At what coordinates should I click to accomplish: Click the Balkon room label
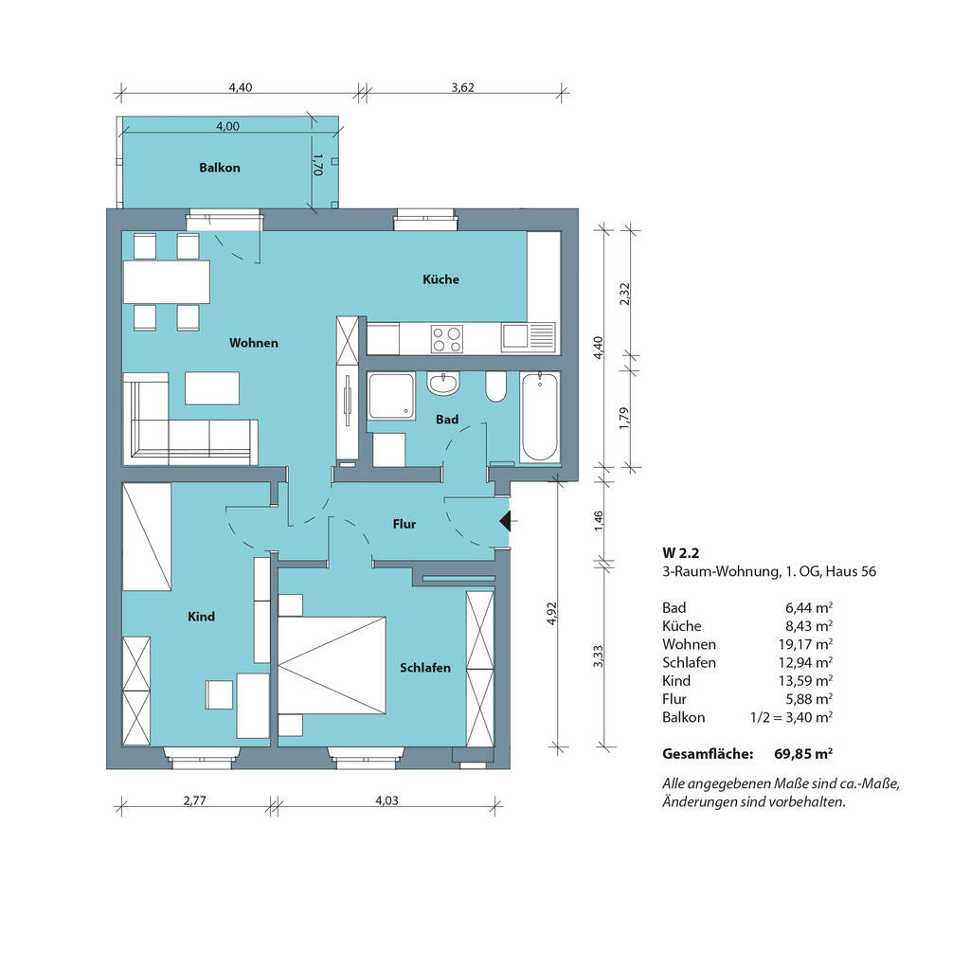coord(220,168)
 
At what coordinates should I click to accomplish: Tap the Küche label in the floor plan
coord(441,279)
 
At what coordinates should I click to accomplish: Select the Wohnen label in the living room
coord(254,343)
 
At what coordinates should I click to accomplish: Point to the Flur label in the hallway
coord(404,524)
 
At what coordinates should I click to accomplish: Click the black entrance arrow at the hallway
coord(506,522)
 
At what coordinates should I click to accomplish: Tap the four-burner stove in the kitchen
coord(447,339)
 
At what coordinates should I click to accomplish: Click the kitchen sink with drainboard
coord(529,337)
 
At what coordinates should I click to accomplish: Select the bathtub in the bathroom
coord(539,417)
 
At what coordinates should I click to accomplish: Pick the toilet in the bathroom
coord(496,386)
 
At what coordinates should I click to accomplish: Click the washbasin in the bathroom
coord(443,383)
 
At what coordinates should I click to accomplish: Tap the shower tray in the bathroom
coord(391,396)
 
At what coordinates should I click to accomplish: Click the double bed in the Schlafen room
coord(332,665)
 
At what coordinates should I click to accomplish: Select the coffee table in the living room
coord(212,387)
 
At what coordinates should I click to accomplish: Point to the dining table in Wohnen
coord(167,282)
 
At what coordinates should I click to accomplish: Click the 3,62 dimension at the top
coord(462,87)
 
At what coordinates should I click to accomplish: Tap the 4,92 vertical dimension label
coord(552,614)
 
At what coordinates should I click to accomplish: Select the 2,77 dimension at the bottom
coord(195,800)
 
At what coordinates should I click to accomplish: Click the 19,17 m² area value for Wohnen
coord(805,644)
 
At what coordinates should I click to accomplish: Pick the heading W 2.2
coord(680,553)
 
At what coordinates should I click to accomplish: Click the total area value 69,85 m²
coord(803,754)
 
